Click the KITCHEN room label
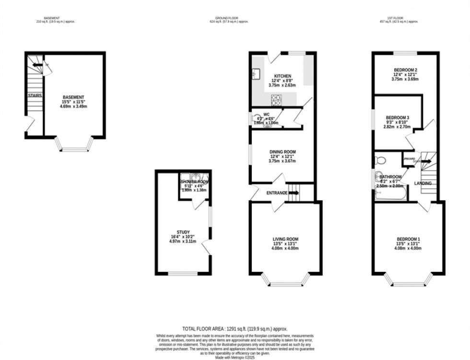(282, 76)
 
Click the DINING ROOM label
(282, 152)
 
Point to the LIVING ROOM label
(285, 239)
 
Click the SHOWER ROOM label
(194, 182)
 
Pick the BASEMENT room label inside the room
(73, 97)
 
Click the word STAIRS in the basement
(35, 96)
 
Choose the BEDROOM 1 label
(409, 239)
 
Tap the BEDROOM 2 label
(405, 70)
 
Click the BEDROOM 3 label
(398, 117)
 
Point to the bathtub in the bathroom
(391, 194)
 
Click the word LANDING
(423, 183)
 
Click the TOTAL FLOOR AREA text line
(235, 329)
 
